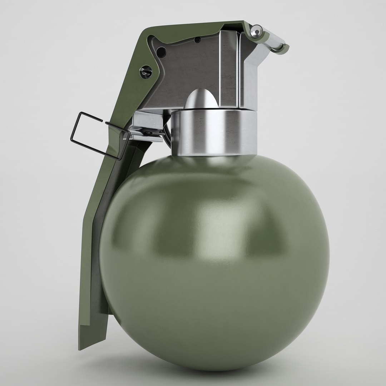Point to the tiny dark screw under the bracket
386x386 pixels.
(x=148, y=133)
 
